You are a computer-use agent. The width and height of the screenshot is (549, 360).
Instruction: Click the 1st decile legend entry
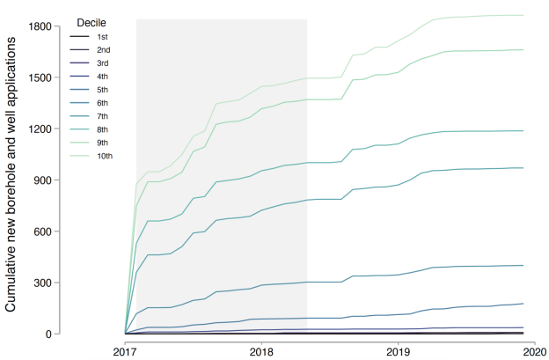(102, 36)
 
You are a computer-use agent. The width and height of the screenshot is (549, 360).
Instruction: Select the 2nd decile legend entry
(102, 49)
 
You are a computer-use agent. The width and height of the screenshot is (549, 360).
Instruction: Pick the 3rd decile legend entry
(102, 62)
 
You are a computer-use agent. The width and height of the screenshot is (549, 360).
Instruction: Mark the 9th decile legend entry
(102, 142)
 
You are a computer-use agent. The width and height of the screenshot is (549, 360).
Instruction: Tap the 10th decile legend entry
(104, 155)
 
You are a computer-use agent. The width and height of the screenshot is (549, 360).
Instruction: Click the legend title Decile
(92, 20)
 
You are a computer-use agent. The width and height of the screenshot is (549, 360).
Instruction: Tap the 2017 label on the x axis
(126, 350)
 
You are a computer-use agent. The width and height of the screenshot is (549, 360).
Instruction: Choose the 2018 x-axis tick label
(262, 350)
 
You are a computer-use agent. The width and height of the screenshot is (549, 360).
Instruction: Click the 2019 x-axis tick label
(399, 350)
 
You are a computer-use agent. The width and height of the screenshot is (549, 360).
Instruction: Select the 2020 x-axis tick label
(533, 350)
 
